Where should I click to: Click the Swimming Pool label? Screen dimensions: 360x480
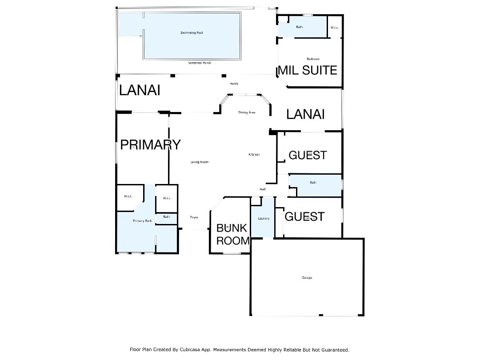click(x=192, y=33)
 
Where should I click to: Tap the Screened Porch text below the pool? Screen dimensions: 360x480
click(x=200, y=63)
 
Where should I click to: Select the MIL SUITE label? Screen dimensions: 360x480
click(x=307, y=70)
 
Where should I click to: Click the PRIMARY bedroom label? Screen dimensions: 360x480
click(x=150, y=145)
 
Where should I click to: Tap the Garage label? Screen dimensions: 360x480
click(x=307, y=278)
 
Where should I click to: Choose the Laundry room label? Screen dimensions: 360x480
click(x=264, y=219)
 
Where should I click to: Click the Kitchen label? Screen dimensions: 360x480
click(x=254, y=155)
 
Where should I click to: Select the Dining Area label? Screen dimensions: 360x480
click(x=247, y=113)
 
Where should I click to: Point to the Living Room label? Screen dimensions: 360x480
click(x=200, y=162)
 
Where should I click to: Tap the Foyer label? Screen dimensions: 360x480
click(x=194, y=217)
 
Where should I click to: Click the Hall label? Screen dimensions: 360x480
click(x=263, y=190)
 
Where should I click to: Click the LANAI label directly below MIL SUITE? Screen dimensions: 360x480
click(x=305, y=114)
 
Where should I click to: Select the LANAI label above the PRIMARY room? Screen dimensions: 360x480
click(x=140, y=90)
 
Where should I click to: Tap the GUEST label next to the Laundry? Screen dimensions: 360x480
click(x=304, y=216)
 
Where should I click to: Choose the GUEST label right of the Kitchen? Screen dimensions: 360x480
click(x=308, y=155)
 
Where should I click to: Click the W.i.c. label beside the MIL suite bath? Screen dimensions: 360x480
click(x=335, y=28)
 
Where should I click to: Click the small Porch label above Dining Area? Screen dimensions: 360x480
click(x=233, y=84)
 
